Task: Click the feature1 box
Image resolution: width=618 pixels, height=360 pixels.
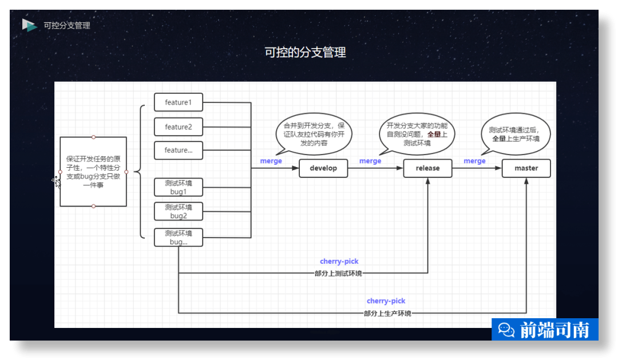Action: (x=179, y=102)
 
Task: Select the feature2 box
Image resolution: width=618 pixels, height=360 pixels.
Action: (x=179, y=126)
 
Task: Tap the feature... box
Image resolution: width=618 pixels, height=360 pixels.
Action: (x=179, y=151)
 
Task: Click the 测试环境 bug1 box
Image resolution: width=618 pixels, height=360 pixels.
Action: (x=179, y=188)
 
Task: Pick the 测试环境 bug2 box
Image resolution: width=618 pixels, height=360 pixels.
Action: (x=179, y=211)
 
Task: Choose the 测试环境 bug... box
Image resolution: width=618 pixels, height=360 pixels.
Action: (x=179, y=238)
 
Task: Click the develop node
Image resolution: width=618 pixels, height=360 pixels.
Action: (x=323, y=168)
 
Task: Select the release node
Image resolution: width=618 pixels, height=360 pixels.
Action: (x=427, y=168)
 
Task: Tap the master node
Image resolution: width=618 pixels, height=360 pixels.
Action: (x=526, y=168)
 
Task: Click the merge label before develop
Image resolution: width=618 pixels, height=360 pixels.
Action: (x=271, y=161)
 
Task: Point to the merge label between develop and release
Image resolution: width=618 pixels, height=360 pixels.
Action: (x=370, y=161)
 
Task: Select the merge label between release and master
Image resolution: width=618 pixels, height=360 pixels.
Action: (x=474, y=161)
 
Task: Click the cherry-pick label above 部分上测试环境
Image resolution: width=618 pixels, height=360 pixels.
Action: (x=339, y=262)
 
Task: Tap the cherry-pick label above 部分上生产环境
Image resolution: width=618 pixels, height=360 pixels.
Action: (x=386, y=301)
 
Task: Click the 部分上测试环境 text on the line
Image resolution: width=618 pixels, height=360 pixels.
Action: (x=338, y=274)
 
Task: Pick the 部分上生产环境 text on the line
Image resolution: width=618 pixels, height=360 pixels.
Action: (x=387, y=313)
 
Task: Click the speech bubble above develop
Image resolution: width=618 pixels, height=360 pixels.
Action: (x=314, y=134)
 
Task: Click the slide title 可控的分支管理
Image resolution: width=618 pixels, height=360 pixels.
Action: (x=305, y=53)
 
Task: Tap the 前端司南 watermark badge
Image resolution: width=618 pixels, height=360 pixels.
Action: (x=545, y=330)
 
